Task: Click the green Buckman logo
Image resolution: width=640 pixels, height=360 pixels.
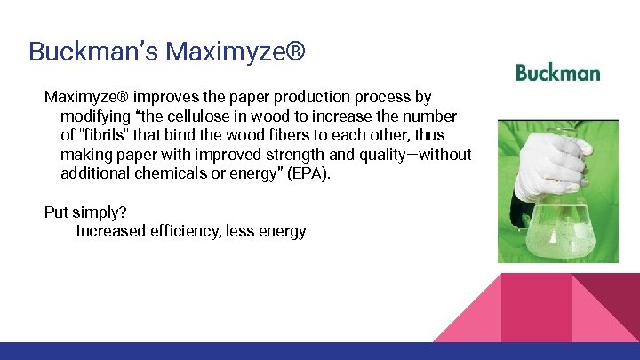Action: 557,73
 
